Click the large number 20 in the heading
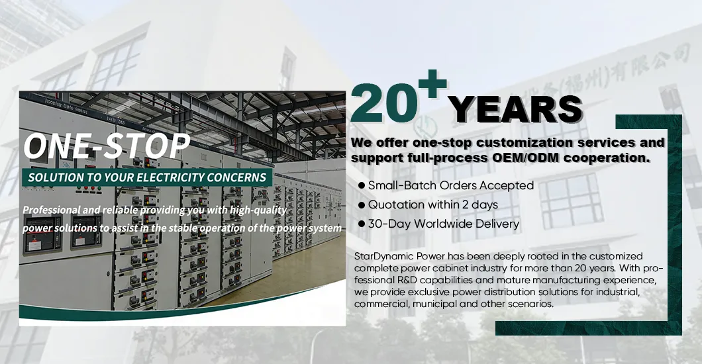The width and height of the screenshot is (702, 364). click(x=387, y=104)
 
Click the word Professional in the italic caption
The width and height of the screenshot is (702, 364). click(x=52, y=210)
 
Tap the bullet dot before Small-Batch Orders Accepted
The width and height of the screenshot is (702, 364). click(x=361, y=185)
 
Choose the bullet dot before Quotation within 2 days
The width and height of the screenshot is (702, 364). click(x=361, y=205)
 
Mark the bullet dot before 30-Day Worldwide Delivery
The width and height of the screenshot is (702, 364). click(x=361, y=224)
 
